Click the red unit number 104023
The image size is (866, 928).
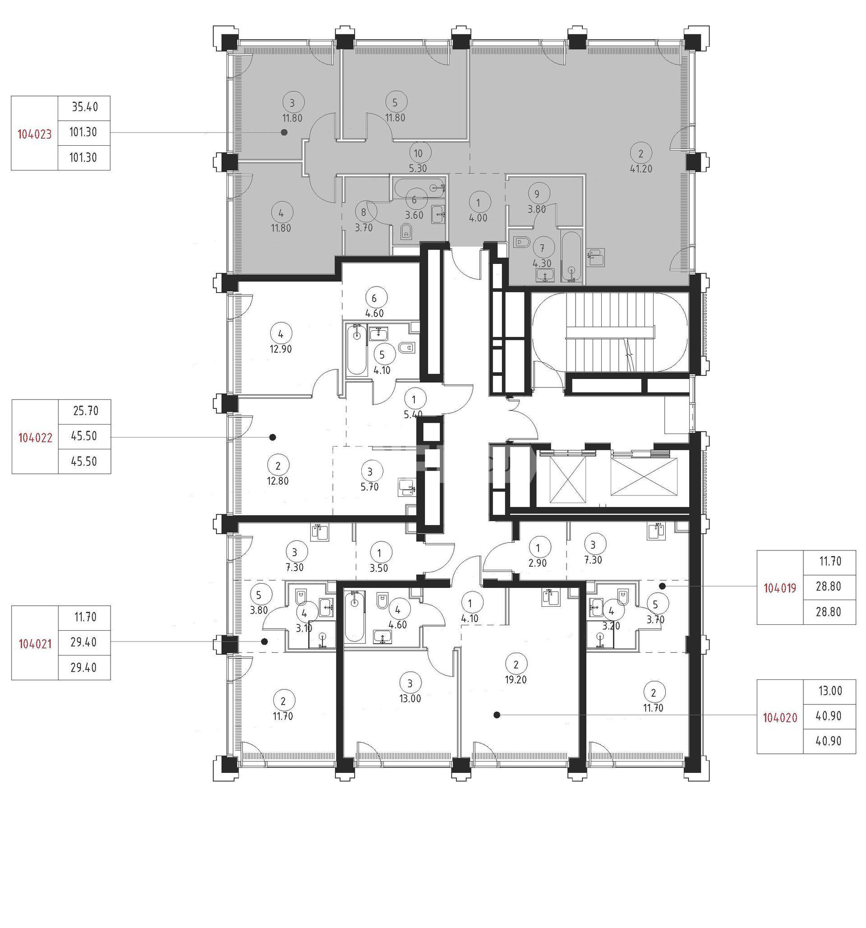(x=35, y=134)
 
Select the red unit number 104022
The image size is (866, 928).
(x=35, y=438)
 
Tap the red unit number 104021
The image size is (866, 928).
(x=35, y=644)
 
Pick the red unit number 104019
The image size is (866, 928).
(x=780, y=589)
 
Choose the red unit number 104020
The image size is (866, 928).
(x=780, y=718)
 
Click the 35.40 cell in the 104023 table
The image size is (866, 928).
(x=84, y=107)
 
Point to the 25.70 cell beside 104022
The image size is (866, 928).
(x=85, y=411)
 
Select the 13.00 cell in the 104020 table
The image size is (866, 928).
(x=830, y=691)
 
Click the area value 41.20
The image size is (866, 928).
(x=641, y=169)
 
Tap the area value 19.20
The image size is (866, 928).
(x=516, y=680)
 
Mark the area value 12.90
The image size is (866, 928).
(x=281, y=349)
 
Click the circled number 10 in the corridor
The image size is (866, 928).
(x=418, y=152)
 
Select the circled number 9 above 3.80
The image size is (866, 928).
(x=537, y=193)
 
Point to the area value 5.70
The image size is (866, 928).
(x=369, y=487)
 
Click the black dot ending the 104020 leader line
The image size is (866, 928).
(x=497, y=715)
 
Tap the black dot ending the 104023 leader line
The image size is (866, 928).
(x=284, y=133)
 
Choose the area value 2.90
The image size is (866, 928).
(x=538, y=563)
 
